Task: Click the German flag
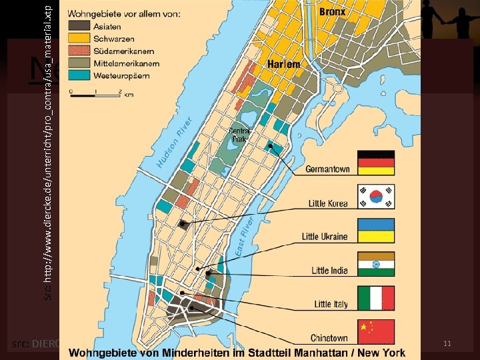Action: pos(377,163)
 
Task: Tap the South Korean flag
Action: pos(377,197)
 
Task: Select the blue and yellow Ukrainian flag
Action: pos(377,231)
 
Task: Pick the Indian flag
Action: pos(377,265)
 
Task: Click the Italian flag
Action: pos(377,299)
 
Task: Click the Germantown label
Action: pos(327,169)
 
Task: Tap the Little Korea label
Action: pos(327,203)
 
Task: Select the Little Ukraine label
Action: pos(325,237)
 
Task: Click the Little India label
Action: pos(329,271)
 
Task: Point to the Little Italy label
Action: pos(331,304)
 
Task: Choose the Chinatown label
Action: pos(329,338)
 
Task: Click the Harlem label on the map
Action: pos(283,65)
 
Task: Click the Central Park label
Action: pos(240,135)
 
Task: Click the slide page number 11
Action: pos(447,343)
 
